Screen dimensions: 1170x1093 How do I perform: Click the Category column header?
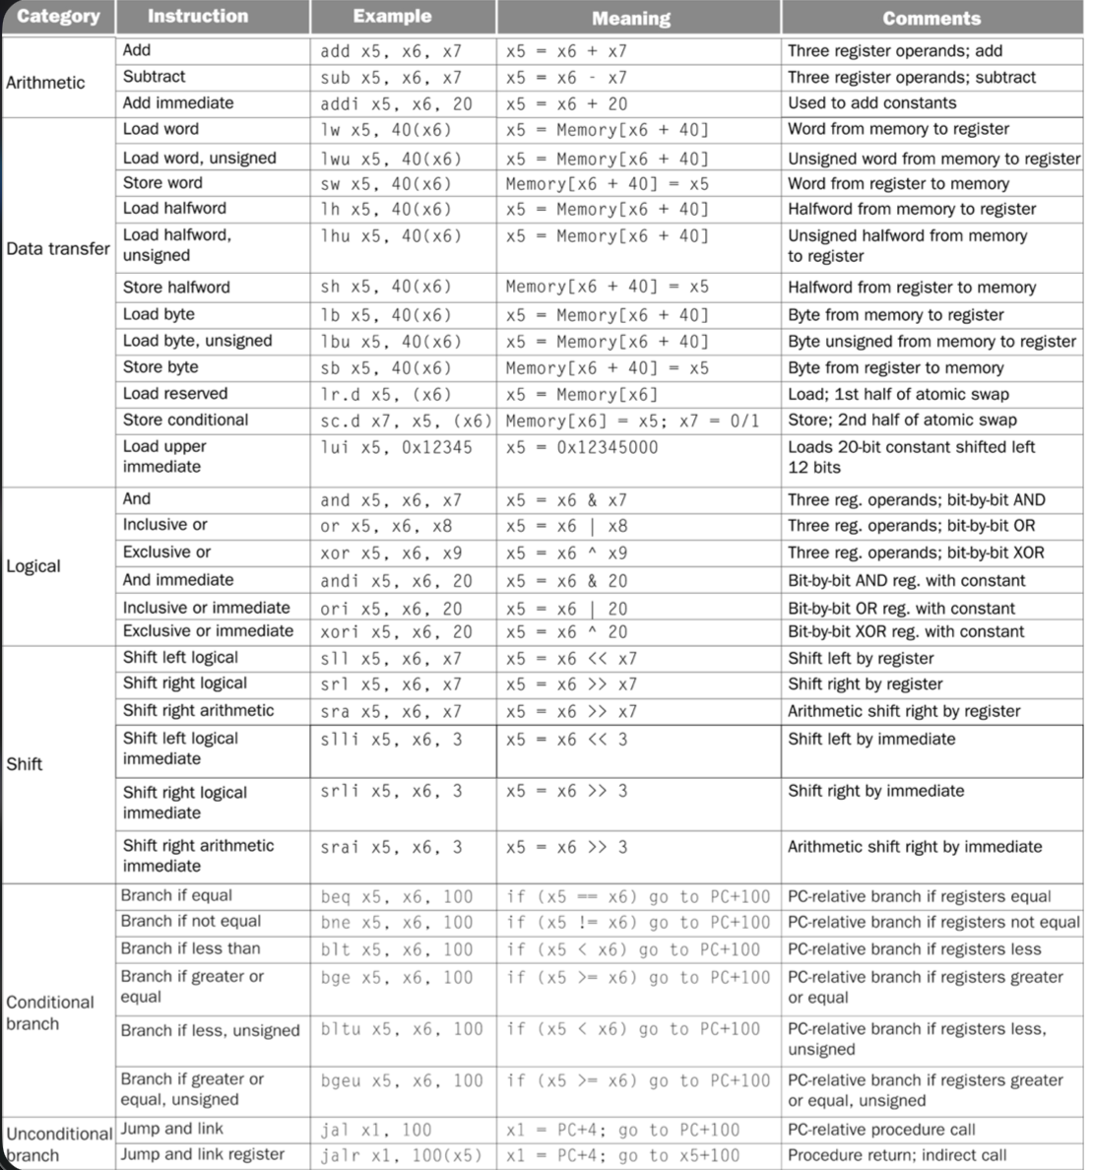coord(58,17)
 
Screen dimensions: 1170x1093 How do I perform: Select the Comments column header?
coord(931,18)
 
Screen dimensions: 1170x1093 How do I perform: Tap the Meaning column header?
coord(630,18)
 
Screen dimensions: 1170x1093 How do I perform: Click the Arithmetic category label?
coord(45,83)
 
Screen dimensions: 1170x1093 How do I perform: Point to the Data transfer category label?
coord(58,248)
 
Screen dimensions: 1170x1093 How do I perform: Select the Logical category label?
coord(33,566)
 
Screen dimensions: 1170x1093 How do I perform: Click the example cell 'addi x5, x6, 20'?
coord(396,103)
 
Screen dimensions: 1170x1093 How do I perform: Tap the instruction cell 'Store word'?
coord(162,182)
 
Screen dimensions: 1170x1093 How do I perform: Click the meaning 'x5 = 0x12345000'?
coord(582,447)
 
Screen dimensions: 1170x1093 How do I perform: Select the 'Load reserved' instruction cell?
coord(175,393)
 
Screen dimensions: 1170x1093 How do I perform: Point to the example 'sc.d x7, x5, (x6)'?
coord(406,421)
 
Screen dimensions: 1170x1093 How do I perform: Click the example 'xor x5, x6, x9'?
coord(391,552)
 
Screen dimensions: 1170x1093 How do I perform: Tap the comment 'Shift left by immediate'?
coord(871,739)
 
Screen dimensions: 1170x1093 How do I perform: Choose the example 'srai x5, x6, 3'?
coord(391,847)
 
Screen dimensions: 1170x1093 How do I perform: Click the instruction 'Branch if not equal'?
coord(191,921)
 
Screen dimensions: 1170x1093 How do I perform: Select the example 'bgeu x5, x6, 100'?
coord(402,1080)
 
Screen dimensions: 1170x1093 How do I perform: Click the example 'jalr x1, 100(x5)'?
coord(402,1155)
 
